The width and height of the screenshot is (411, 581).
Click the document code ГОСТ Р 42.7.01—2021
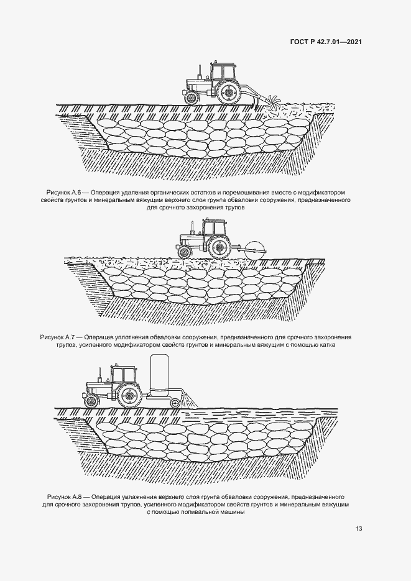[326, 42]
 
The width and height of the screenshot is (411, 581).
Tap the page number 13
[358, 528]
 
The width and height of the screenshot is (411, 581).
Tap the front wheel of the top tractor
[192, 97]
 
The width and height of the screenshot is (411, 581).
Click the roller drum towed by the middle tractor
[255, 250]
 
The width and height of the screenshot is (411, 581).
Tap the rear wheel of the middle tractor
[219, 247]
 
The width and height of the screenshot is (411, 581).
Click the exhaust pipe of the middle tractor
[192, 228]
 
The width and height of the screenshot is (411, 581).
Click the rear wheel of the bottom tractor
[130, 395]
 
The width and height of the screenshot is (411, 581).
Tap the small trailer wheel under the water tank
[174, 403]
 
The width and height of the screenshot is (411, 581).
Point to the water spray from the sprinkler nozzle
[190, 401]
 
